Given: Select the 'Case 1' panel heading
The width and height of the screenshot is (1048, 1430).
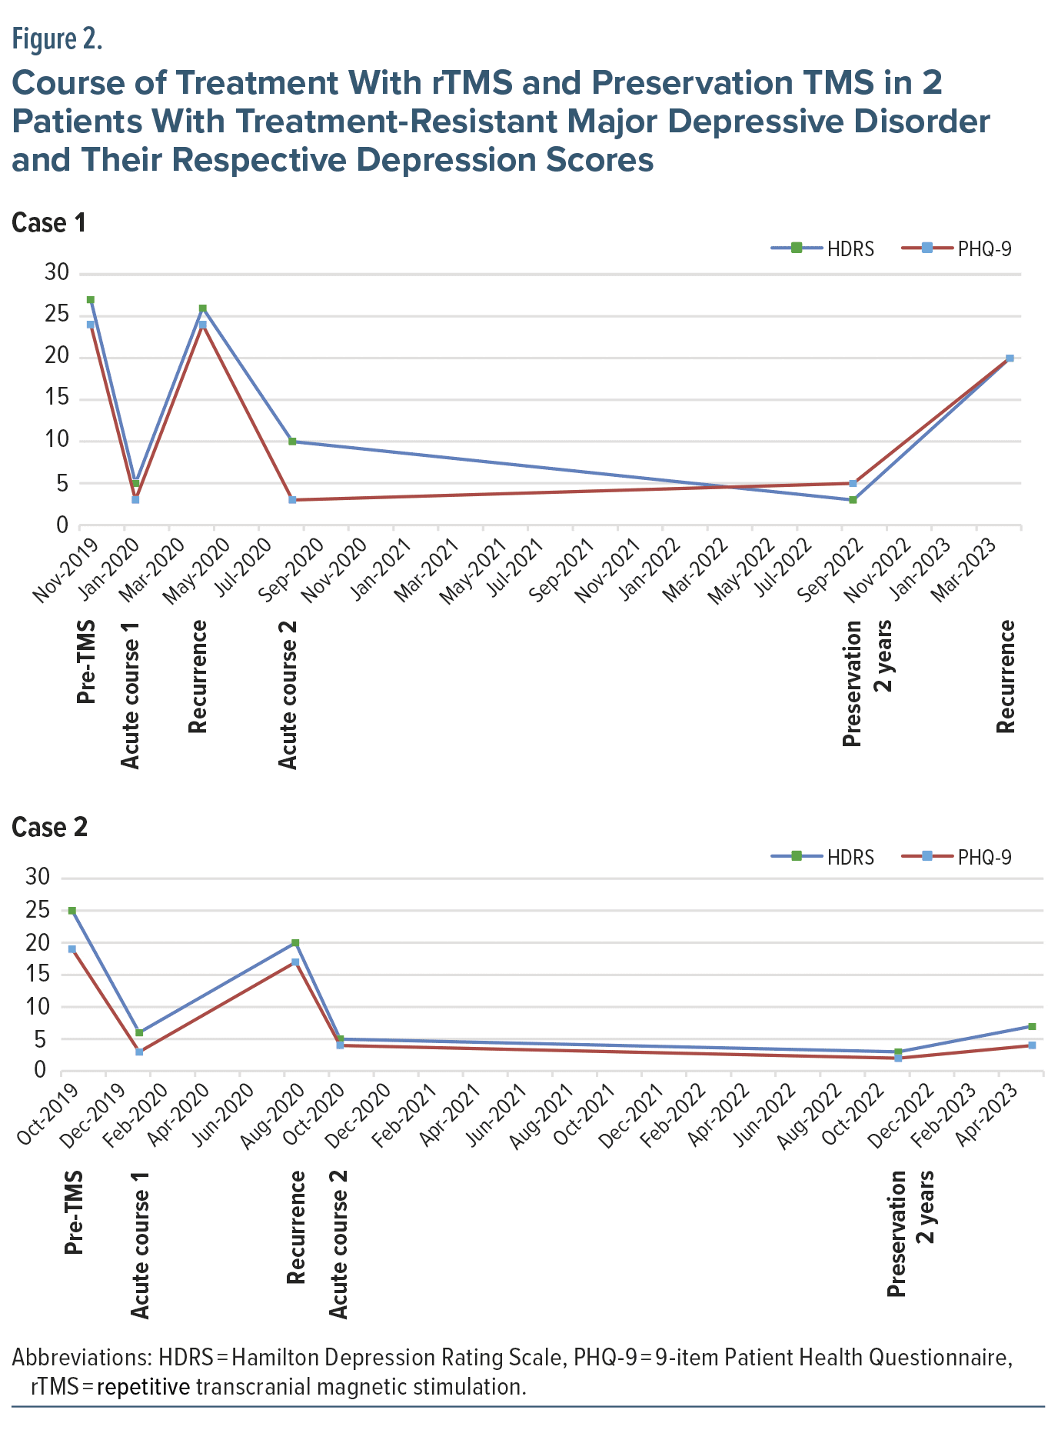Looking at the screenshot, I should [x=48, y=223].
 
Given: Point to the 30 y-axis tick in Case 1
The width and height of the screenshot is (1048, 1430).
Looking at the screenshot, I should [x=58, y=273].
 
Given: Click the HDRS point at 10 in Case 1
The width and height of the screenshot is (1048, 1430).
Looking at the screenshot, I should [x=293, y=442].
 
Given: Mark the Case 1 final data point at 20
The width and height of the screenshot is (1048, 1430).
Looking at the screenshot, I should [x=1010, y=358].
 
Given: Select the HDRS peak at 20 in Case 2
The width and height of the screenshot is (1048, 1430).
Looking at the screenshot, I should [x=295, y=943].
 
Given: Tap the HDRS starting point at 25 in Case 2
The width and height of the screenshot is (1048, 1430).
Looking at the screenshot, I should [x=72, y=911].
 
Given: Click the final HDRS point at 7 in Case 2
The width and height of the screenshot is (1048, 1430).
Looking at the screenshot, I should [x=1032, y=1027].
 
